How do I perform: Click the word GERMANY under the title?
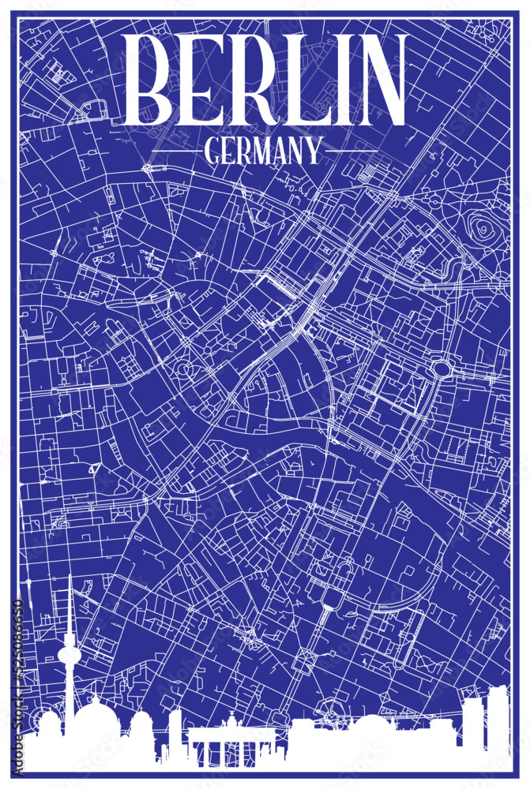click(264, 150)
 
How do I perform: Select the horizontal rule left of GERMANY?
click(175, 150)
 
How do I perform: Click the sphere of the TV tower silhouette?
click(70, 655)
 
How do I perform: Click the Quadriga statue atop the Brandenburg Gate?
click(232, 720)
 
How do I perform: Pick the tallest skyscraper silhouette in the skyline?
click(498, 718)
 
